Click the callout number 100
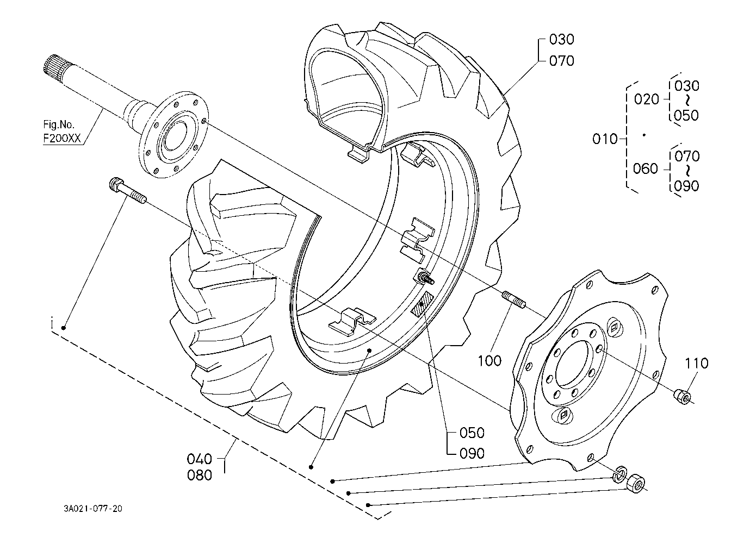489,361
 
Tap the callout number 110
697,364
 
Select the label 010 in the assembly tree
605,139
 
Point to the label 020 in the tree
647,99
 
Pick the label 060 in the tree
645,168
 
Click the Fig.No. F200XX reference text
62,132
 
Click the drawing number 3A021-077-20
93,509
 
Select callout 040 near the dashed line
199,459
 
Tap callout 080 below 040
199,476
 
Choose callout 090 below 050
472,454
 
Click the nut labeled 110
681,397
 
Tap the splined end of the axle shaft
53,65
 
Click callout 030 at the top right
561,40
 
